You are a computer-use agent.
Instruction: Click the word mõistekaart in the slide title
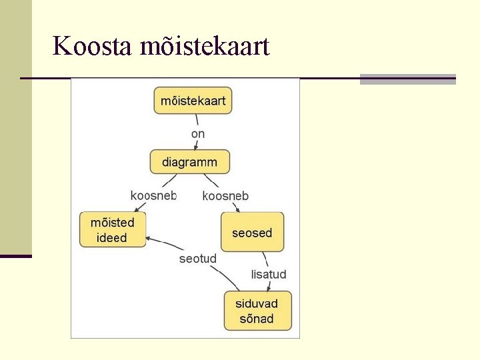point(205,47)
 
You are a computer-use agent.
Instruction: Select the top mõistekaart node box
point(193,101)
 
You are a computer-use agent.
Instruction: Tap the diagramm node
point(189,162)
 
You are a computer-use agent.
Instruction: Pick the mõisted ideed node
point(112,230)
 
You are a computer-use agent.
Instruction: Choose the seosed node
point(252,233)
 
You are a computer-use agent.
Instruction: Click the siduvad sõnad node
point(257,311)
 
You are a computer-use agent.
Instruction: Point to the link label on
point(198,134)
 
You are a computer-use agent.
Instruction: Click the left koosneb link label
point(153,195)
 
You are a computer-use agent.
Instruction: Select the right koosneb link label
point(225,195)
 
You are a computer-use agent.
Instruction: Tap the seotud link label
point(198,259)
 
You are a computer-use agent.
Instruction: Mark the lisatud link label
point(269,274)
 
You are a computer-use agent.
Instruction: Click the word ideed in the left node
point(112,238)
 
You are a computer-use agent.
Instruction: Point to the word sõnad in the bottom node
point(257,319)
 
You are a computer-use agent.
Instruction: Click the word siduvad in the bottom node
point(257,303)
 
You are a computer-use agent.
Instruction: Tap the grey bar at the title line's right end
point(407,79)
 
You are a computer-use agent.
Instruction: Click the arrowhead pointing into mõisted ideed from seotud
point(149,238)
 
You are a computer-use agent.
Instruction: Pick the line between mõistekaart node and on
point(197,121)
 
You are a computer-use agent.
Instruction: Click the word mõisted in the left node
point(112,223)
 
